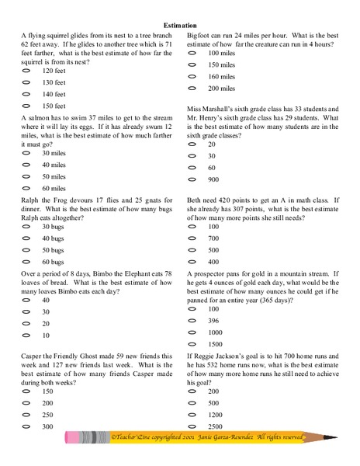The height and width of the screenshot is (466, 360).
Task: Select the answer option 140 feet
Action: point(54,94)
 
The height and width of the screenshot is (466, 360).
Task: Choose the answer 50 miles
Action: point(54,176)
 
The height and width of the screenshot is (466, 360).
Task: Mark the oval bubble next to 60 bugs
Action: point(27,263)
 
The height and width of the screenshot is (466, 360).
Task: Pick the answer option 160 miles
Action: point(221,76)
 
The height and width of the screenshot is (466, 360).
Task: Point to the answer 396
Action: point(215,320)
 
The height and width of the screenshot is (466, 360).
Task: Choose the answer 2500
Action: point(217,427)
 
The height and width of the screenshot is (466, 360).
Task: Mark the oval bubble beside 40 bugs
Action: point(27,238)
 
